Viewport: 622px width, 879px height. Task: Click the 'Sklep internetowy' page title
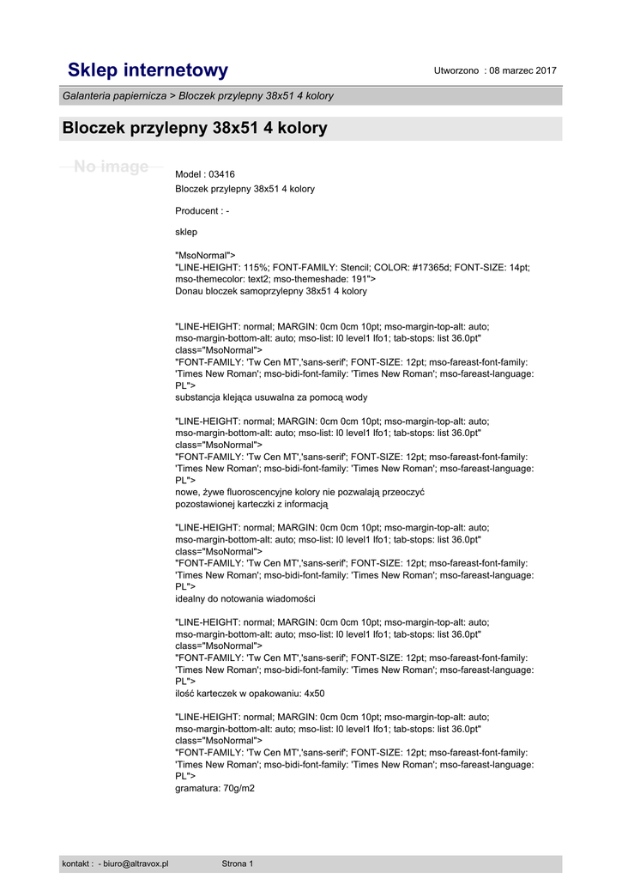pos(148,70)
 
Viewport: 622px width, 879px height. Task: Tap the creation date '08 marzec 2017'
pos(523,70)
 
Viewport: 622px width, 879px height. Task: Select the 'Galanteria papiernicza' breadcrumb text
pos(114,96)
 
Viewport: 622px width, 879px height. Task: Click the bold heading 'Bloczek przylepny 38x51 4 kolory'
pos(195,129)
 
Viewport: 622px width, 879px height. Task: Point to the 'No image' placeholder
pos(111,167)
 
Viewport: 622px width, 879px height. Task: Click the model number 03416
pos(223,174)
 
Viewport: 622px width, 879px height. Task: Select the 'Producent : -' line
pos(202,210)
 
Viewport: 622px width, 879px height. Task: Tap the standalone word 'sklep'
pos(186,232)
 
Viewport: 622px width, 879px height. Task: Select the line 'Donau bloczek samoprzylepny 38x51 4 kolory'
pos(270,291)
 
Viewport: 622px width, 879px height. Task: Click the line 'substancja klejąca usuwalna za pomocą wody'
pos(271,397)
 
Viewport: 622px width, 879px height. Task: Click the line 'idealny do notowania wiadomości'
pos(245,598)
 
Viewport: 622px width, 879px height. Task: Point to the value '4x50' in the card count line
pos(314,694)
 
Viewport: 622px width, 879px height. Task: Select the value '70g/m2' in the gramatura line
pos(239,788)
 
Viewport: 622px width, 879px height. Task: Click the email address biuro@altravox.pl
pos(136,864)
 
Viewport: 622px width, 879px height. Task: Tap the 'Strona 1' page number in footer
pos(238,864)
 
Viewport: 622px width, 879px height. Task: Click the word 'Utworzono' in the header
pos(456,70)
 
